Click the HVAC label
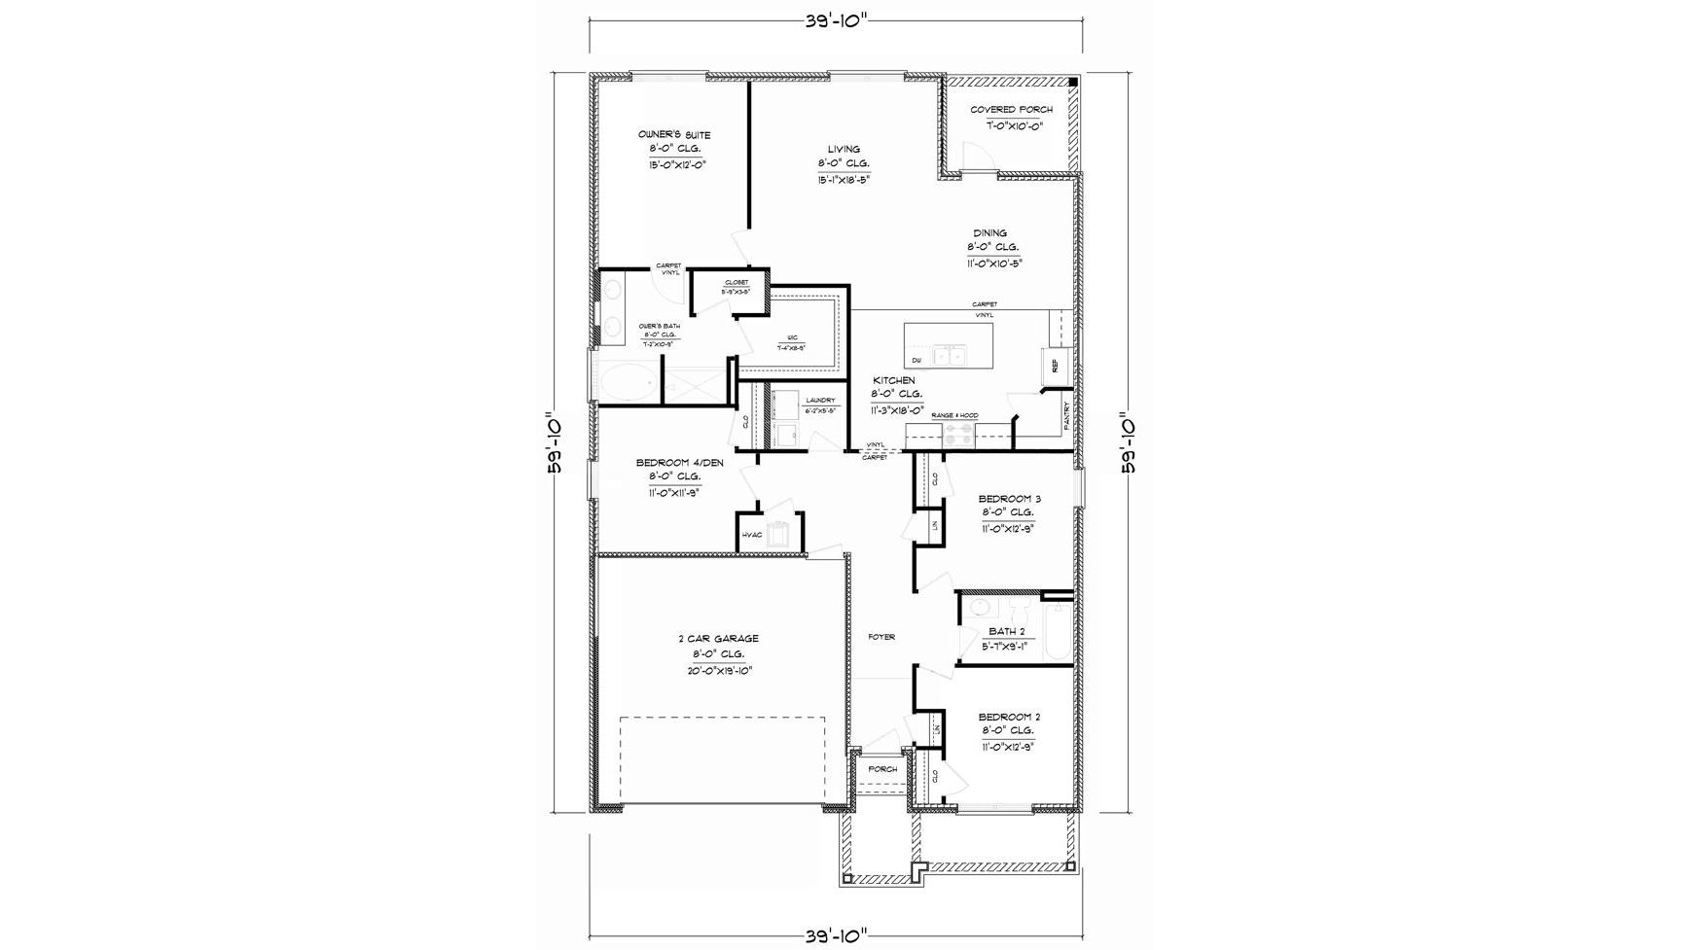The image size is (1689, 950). (752, 535)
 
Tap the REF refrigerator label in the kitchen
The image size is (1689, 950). (1055, 365)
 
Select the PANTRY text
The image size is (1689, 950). (1067, 415)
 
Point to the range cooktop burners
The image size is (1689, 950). (957, 436)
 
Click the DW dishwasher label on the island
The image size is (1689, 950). (916, 361)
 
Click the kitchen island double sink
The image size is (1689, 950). (949, 356)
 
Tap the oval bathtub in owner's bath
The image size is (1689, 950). (623, 384)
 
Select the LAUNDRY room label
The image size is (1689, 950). (820, 401)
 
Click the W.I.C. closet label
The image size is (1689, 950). (793, 337)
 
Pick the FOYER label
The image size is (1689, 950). (881, 637)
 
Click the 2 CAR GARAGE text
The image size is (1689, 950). (718, 639)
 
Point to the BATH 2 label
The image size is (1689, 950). (1006, 631)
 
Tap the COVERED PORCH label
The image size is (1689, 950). (1011, 110)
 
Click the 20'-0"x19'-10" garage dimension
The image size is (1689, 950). (718, 671)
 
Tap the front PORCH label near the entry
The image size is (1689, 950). (882, 769)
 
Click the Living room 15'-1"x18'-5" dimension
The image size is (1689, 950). (844, 180)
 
